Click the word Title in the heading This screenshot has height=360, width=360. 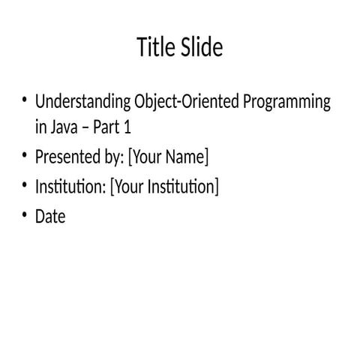click(x=153, y=48)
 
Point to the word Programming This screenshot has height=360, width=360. click(x=287, y=103)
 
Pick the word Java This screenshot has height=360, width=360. click(x=62, y=126)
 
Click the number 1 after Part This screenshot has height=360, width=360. click(x=137, y=126)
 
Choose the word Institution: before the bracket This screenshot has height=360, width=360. click(x=70, y=186)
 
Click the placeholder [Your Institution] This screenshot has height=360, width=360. click(x=164, y=186)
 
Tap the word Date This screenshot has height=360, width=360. click(x=50, y=217)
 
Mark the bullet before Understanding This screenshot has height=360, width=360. click(x=24, y=101)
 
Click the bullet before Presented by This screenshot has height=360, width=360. click(x=24, y=156)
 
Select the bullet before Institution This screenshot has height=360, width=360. click(x=24, y=185)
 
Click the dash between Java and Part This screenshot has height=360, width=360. click(x=90, y=127)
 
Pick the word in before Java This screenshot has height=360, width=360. click(x=40, y=126)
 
